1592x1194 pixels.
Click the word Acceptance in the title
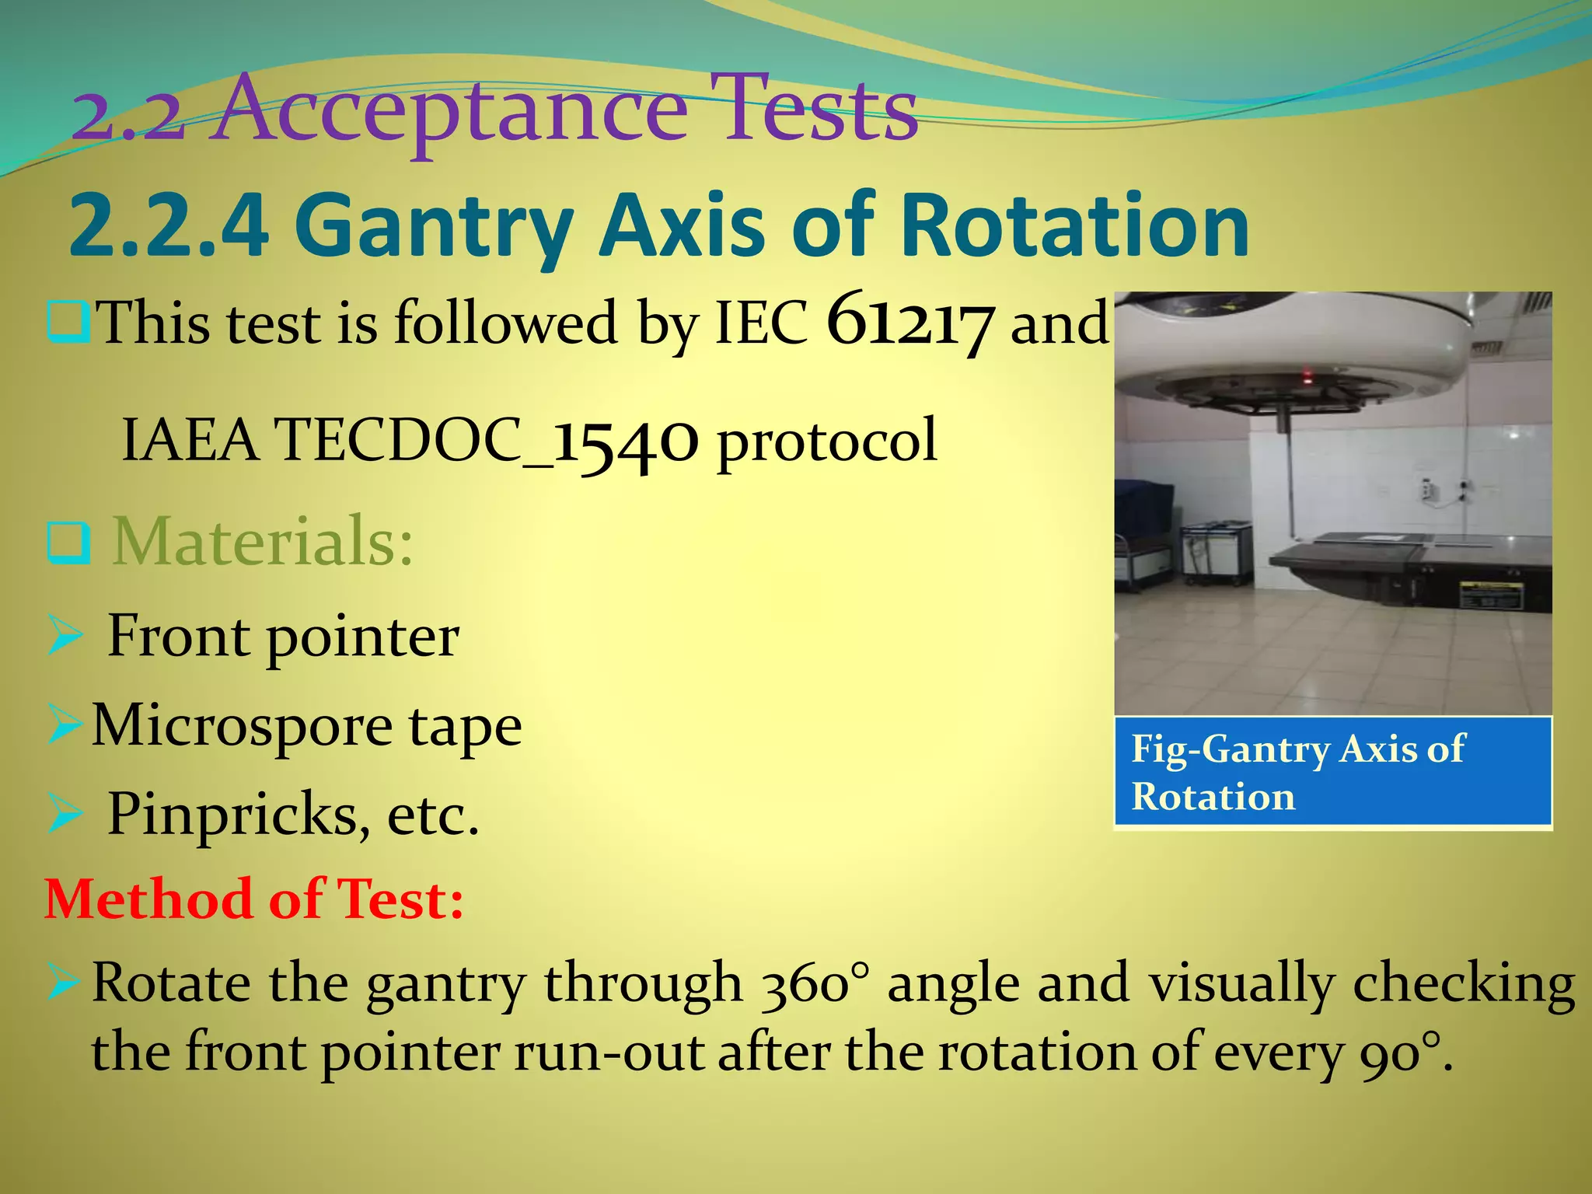[x=451, y=110]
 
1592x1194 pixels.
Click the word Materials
[x=263, y=541]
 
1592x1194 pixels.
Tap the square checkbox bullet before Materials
[x=68, y=543]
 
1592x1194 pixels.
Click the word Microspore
[x=241, y=726]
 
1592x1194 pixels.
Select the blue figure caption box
[x=1332, y=773]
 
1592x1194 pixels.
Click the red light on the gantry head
[x=1308, y=379]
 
